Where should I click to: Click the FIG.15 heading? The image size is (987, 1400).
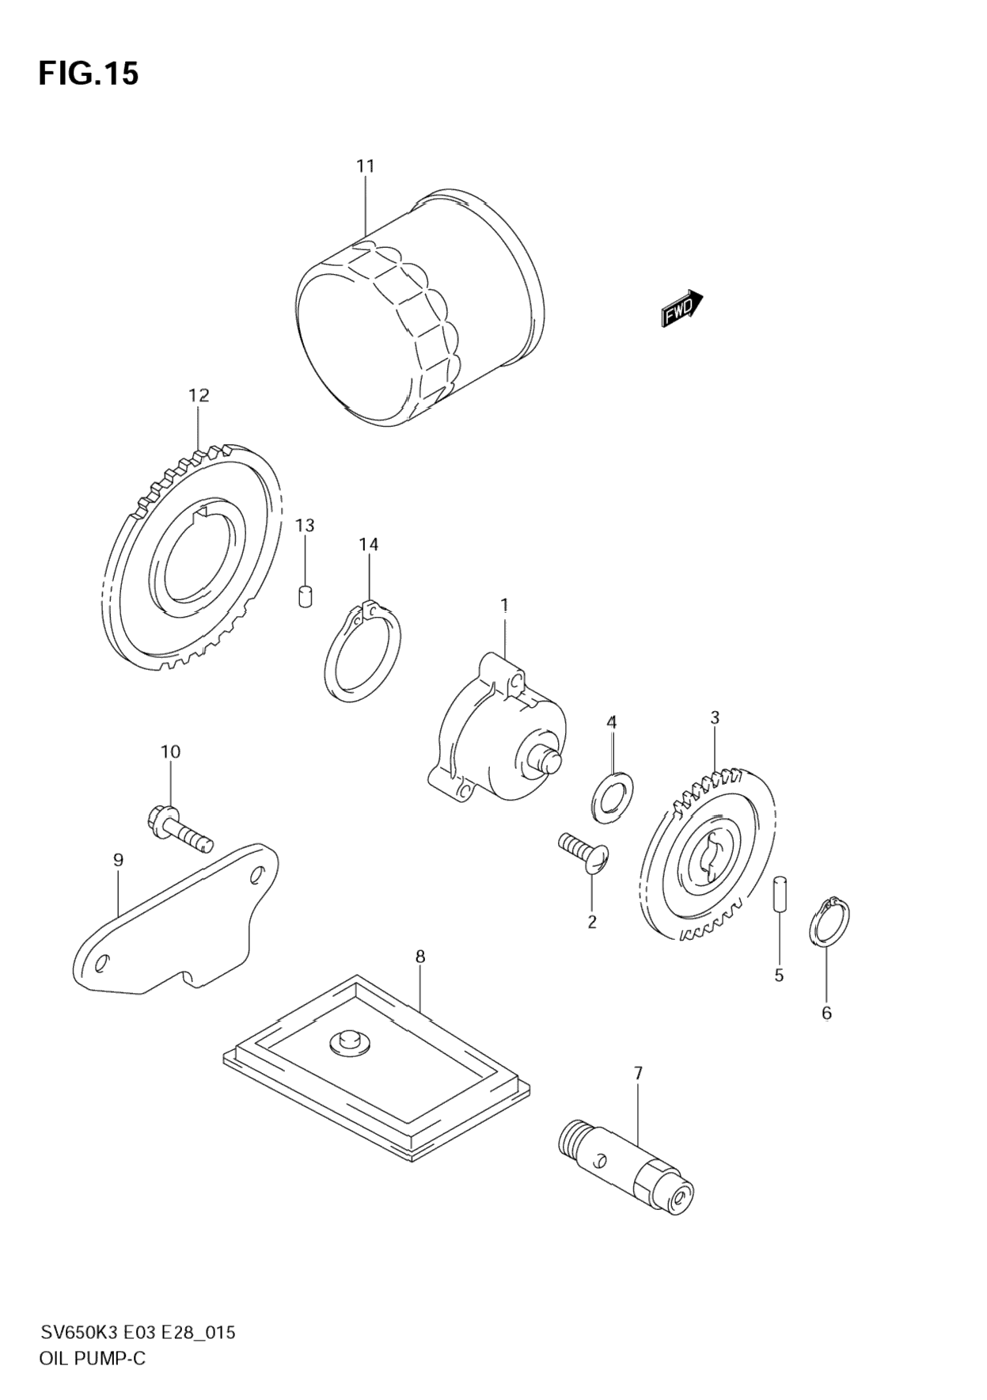point(89,74)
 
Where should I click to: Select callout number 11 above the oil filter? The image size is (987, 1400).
point(365,166)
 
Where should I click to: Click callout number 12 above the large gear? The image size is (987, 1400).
point(199,395)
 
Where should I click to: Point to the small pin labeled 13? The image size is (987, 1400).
point(305,595)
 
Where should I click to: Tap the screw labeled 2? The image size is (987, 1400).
point(583,854)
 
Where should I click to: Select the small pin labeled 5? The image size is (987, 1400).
point(779,894)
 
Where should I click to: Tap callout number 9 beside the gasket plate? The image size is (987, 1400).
point(118,860)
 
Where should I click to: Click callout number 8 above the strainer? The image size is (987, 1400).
point(420,957)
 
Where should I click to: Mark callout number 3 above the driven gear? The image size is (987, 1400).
point(715,718)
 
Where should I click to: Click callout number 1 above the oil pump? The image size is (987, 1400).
point(504,605)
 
